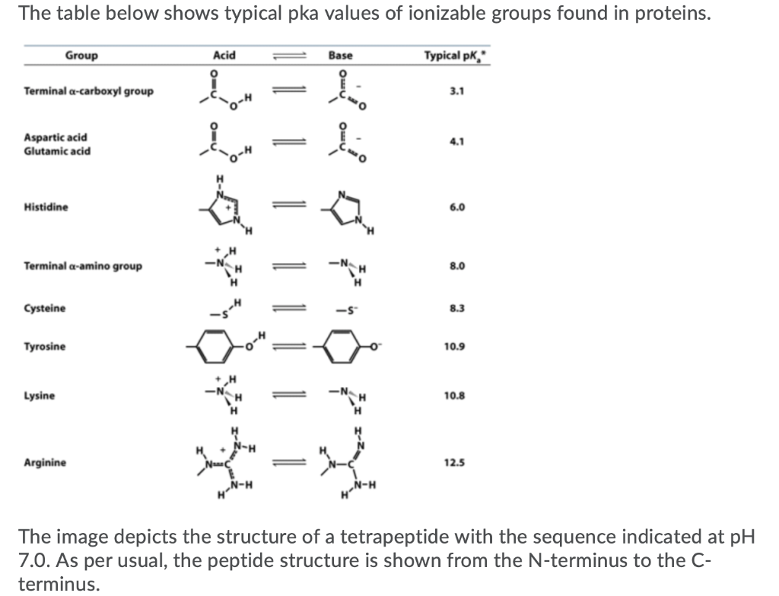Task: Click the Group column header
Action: [81, 55]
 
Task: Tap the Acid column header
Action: [224, 55]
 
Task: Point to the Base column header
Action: [340, 55]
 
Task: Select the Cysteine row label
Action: [45, 308]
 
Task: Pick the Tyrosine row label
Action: [45, 347]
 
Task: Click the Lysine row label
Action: [39, 396]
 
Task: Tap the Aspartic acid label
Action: [56, 137]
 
